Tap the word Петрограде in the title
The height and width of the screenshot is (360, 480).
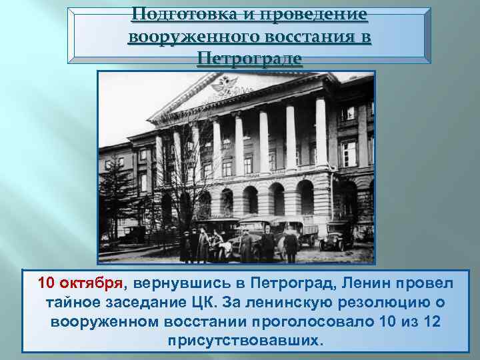(x=249, y=59)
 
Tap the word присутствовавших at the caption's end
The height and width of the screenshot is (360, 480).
(x=245, y=340)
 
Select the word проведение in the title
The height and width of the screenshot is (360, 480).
(x=313, y=15)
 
